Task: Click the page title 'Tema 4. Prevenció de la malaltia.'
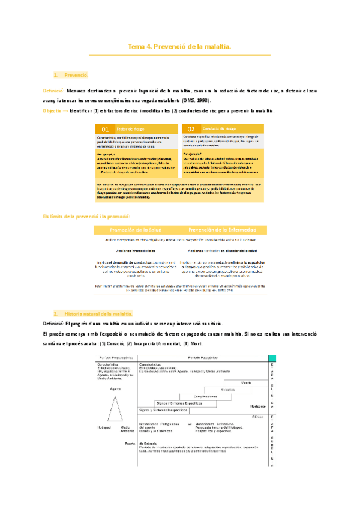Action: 180,46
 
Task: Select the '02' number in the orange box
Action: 191,129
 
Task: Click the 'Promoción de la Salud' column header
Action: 136,230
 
